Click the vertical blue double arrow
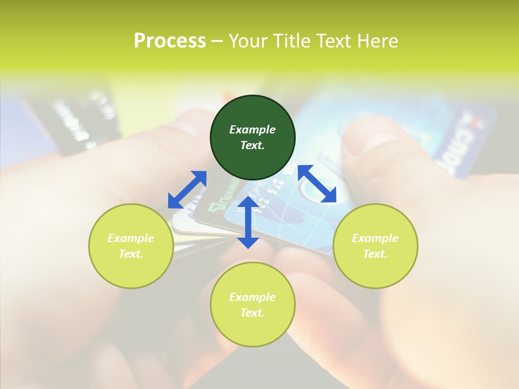coord(248,222)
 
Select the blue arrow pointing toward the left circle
coord(187,190)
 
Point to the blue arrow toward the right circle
coord(317,184)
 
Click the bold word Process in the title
coord(170,41)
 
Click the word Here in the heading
coord(378,41)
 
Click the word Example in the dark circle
coord(252,130)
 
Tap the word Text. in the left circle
coord(131,254)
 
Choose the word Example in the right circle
coord(375,238)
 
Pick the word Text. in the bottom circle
coord(252,313)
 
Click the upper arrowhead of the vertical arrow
coord(248,203)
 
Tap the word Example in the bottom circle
coord(252,297)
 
